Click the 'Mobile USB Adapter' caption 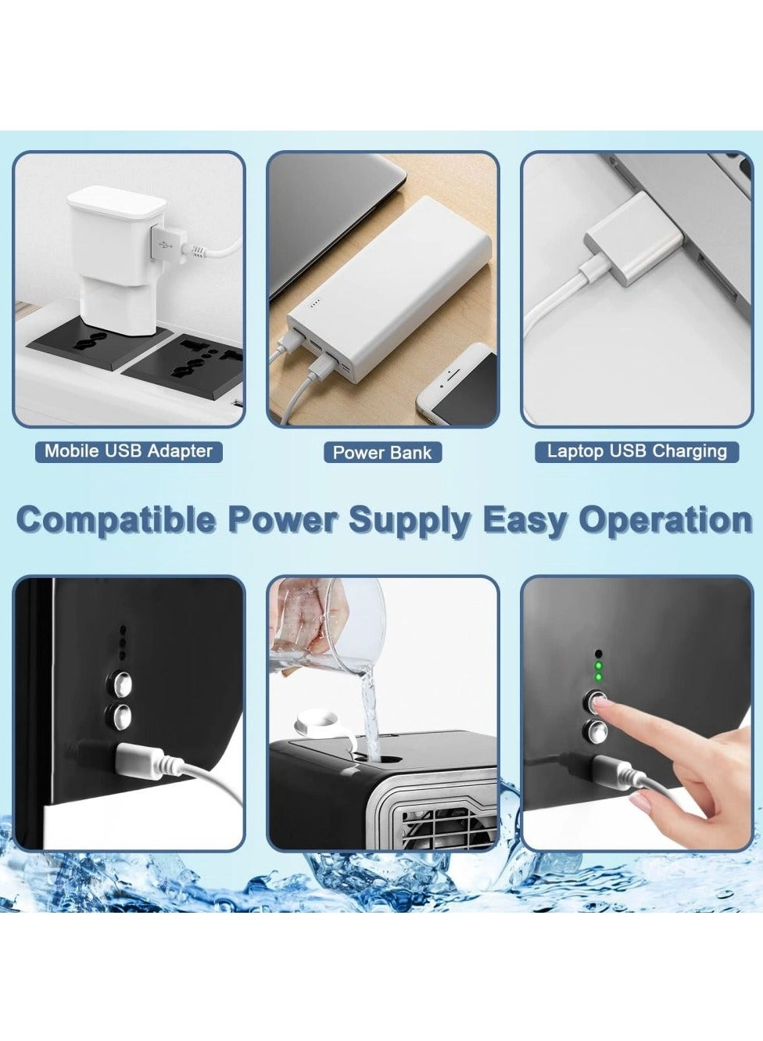point(128,451)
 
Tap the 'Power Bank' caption point(382,452)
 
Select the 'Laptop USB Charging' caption point(636,451)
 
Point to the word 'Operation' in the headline point(665,520)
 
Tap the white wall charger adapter point(113,250)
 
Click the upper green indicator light point(598,666)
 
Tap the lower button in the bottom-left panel point(120,714)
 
